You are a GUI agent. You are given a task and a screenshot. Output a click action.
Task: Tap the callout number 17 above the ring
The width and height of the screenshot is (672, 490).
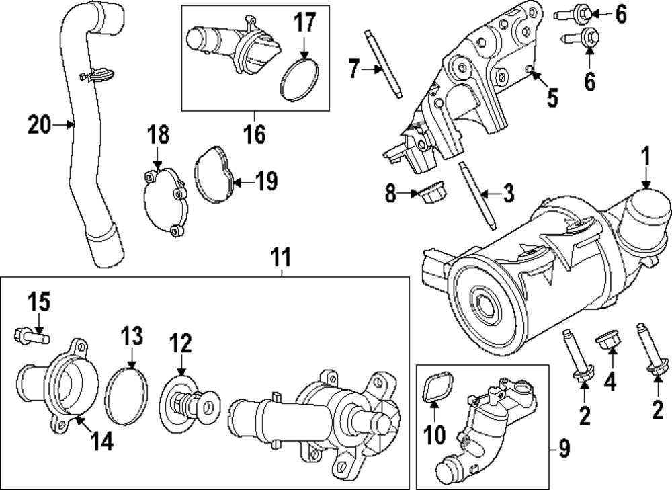click(x=304, y=24)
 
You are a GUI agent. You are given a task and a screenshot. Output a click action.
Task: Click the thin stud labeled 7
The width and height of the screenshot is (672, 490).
click(x=384, y=65)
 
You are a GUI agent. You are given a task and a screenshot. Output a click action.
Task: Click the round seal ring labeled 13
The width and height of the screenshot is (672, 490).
click(x=128, y=397)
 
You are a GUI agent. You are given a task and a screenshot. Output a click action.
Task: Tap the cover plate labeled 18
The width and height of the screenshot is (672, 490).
click(x=165, y=202)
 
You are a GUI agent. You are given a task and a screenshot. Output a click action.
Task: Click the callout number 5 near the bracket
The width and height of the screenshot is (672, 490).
click(x=552, y=99)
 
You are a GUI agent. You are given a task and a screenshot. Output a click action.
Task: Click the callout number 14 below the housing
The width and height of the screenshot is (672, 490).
click(x=102, y=440)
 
